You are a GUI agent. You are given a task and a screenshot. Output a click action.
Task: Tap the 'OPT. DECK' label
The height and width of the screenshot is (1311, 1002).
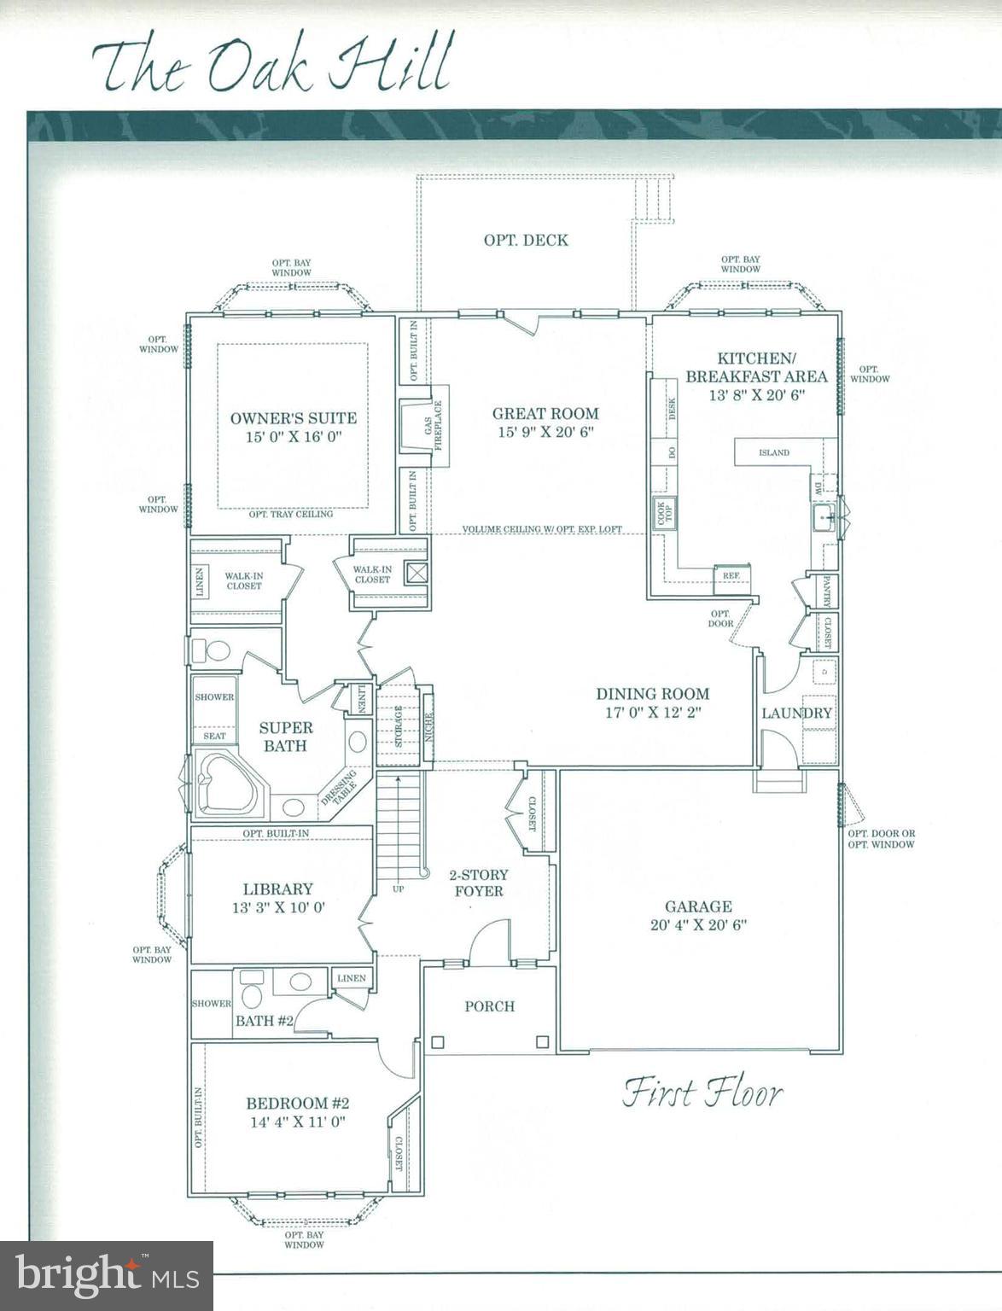pyautogui.click(x=526, y=241)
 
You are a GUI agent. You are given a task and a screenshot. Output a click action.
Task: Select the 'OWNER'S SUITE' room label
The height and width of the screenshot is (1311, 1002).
pyautogui.click(x=294, y=418)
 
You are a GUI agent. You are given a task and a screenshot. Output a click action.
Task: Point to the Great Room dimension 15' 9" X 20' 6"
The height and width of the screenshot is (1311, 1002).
pyautogui.click(x=545, y=432)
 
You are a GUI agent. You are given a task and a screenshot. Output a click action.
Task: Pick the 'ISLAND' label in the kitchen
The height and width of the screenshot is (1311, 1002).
pyautogui.click(x=774, y=452)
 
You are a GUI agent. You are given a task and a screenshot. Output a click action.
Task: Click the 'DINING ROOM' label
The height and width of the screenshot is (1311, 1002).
pyautogui.click(x=652, y=694)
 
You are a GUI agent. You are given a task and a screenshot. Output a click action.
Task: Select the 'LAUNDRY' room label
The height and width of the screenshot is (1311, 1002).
pyautogui.click(x=796, y=713)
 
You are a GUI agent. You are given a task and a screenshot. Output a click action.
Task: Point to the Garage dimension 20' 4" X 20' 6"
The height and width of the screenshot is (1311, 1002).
pyautogui.click(x=698, y=924)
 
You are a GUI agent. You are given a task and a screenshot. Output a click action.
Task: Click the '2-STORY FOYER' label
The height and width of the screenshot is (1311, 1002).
pyautogui.click(x=479, y=883)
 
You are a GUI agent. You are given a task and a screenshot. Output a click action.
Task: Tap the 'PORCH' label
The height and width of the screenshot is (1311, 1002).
pyautogui.click(x=489, y=1006)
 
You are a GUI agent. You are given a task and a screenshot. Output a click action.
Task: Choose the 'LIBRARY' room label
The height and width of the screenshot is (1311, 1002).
pyautogui.click(x=277, y=889)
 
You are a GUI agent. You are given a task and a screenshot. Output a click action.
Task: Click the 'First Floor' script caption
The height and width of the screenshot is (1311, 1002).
pyautogui.click(x=702, y=1093)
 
